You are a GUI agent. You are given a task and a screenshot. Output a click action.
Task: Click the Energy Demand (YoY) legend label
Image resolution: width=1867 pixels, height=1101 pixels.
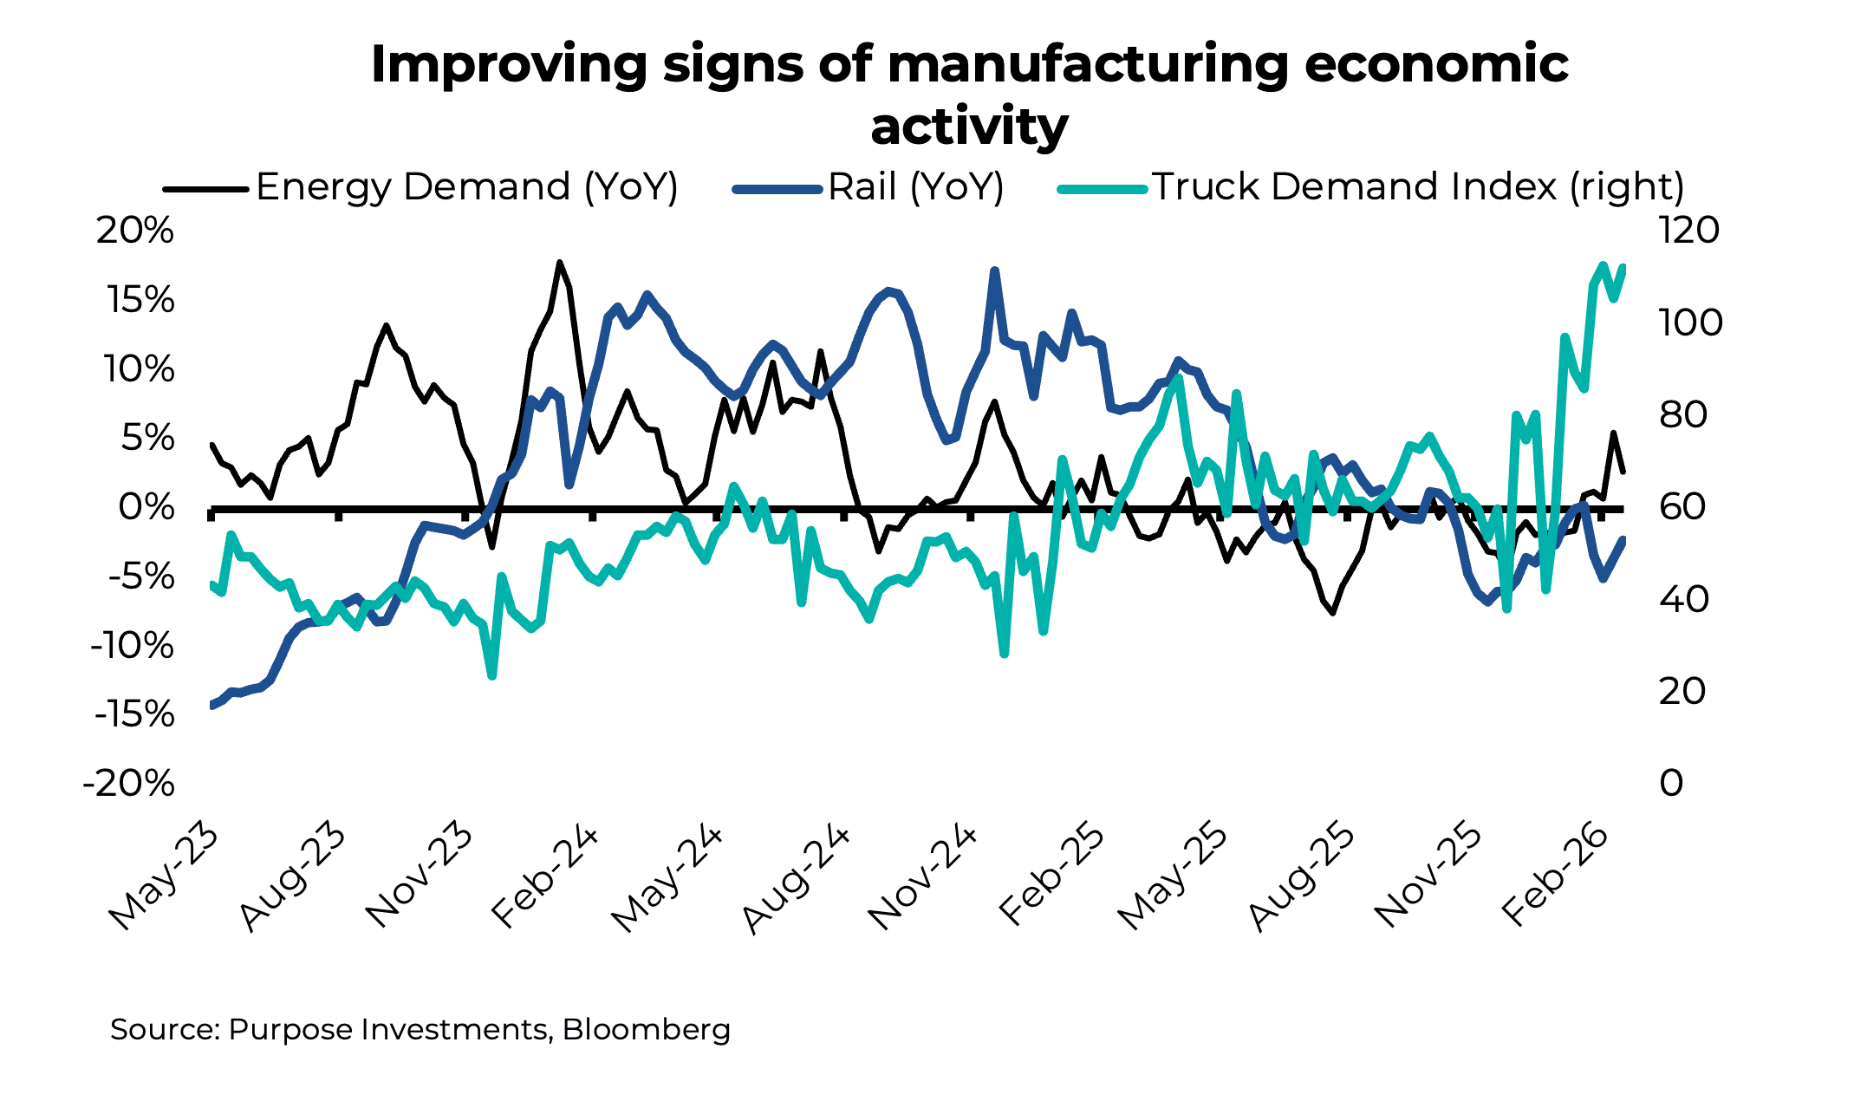pyautogui.click(x=466, y=187)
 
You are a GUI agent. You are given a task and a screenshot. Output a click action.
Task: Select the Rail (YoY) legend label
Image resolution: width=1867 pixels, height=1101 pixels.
pyautogui.click(x=915, y=187)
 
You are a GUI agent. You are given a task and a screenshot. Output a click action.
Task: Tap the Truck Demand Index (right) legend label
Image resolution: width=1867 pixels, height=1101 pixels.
pyautogui.click(x=1418, y=187)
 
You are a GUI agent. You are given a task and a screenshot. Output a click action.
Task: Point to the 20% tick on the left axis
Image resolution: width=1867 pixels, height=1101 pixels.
pyautogui.click(x=135, y=231)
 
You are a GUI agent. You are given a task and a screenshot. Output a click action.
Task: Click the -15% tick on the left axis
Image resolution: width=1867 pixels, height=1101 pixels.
pyautogui.click(x=135, y=715)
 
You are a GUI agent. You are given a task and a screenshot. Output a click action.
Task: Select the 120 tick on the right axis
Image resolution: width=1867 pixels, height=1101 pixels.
pyautogui.click(x=1689, y=231)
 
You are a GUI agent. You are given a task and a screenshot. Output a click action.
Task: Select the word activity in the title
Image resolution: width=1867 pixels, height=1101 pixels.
pyautogui.click(x=969, y=127)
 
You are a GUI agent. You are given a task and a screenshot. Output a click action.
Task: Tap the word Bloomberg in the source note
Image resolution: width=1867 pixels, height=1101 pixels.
pyautogui.click(x=646, y=1030)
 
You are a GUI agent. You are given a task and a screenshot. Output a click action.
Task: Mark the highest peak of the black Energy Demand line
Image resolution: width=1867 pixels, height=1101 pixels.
pyautogui.click(x=560, y=262)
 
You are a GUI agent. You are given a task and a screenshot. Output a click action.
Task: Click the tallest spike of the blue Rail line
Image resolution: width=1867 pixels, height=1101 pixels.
pyautogui.click(x=994, y=271)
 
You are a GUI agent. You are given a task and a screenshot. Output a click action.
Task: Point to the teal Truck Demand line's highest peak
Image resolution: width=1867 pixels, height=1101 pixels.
pyautogui.click(x=1603, y=264)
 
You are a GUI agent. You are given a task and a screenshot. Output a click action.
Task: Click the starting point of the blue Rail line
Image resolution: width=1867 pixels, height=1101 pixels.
pyautogui.click(x=212, y=706)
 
